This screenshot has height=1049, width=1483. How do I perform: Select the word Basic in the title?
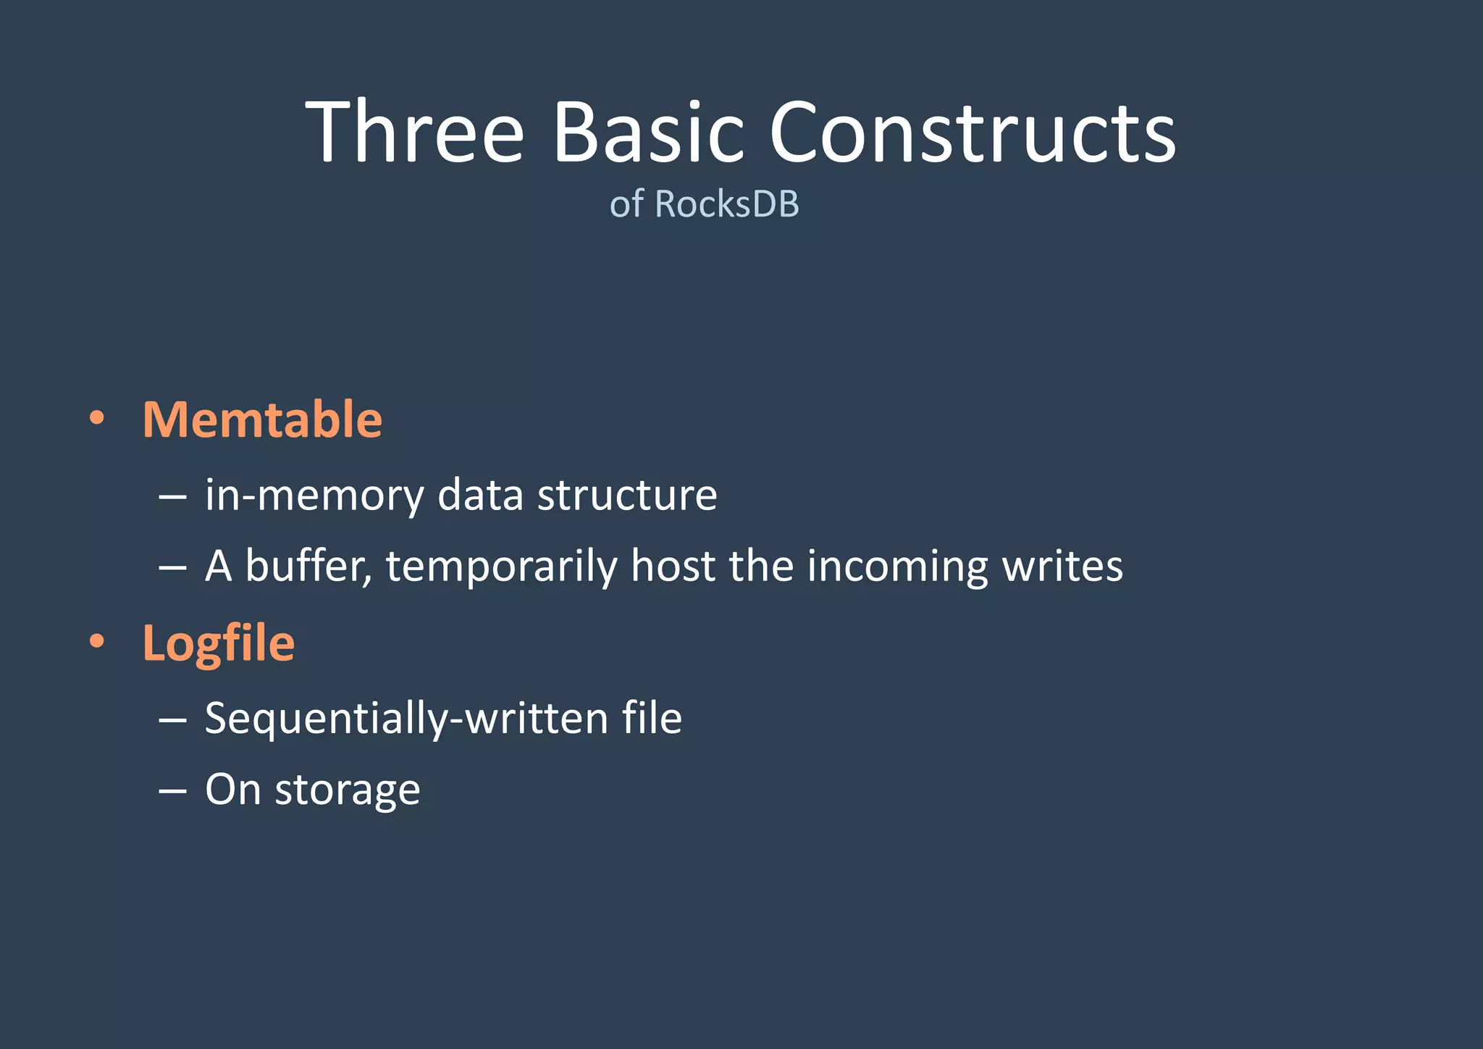[x=648, y=133]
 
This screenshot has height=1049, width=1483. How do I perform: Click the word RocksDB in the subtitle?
[x=727, y=204]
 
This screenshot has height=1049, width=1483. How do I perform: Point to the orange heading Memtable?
[x=262, y=419]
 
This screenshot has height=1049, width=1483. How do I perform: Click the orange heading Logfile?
[x=219, y=643]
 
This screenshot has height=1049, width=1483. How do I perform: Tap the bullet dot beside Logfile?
[x=97, y=642]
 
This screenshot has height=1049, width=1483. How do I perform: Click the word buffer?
[x=308, y=566]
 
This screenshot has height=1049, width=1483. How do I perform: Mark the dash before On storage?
[x=172, y=790]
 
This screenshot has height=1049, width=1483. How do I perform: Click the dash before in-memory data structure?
[x=172, y=497]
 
